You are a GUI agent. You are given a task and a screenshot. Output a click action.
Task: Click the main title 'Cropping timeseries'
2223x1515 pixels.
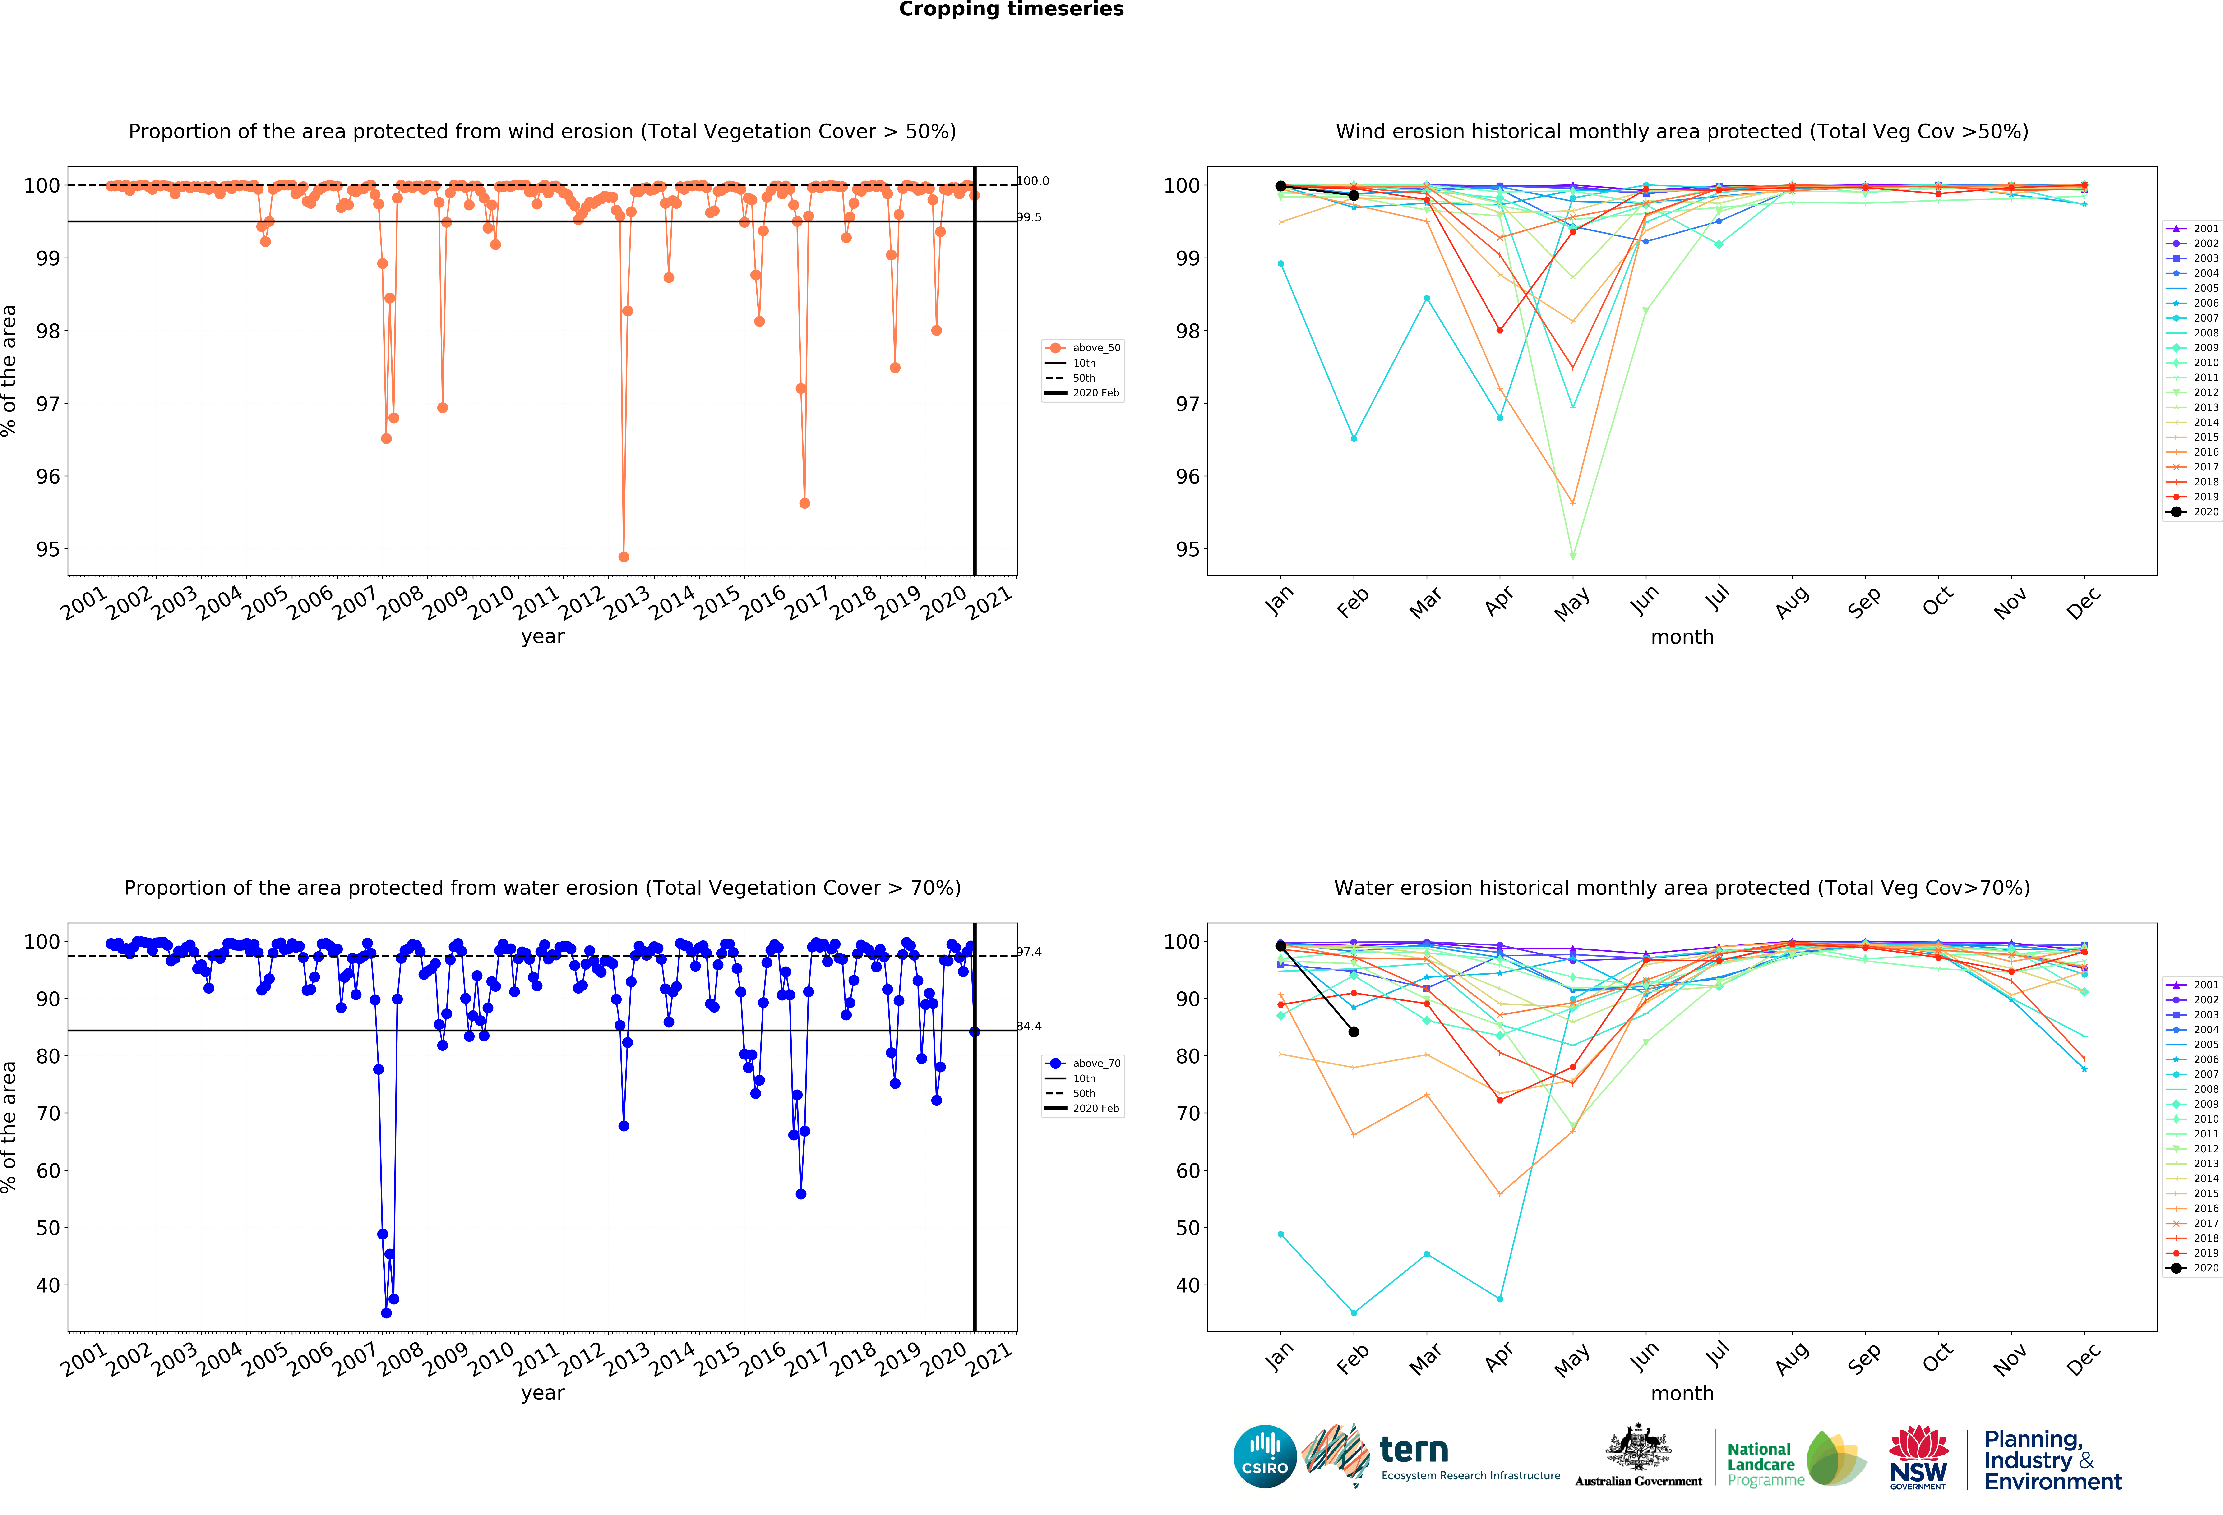tap(1011, 9)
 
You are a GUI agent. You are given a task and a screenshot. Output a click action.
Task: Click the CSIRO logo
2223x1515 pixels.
tap(1265, 1457)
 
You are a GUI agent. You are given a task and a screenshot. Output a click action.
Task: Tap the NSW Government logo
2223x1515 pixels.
tap(1918, 1457)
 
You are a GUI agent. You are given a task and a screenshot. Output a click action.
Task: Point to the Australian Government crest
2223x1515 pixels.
tap(1639, 1447)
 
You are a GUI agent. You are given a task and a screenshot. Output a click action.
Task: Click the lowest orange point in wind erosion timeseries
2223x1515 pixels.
tap(624, 557)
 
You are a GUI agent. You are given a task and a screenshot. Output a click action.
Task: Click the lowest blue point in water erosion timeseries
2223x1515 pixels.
tap(386, 1313)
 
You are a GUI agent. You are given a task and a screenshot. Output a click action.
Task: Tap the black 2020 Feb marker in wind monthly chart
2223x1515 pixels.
tap(1354, 195)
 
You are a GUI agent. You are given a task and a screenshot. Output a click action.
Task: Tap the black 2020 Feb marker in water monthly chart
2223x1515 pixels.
tap(1354, 1032)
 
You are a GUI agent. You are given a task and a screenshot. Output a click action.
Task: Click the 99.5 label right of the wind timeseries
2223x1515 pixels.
tap(1029, 218)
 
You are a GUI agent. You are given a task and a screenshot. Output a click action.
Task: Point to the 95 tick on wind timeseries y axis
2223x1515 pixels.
tap(47, 550)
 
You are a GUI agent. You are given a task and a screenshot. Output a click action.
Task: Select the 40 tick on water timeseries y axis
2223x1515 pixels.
tap(47, 1285)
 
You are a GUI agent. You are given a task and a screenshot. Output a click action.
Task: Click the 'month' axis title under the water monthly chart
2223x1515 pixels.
tap(1682, 1394)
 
